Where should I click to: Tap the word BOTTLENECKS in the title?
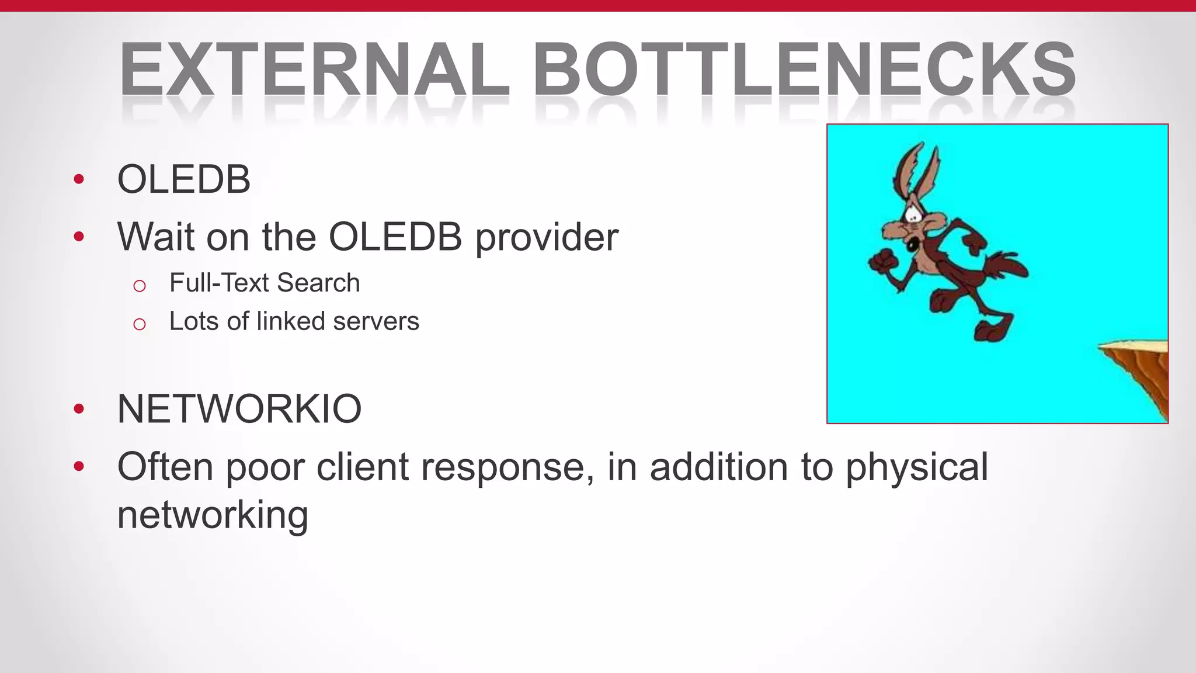coord(804,70)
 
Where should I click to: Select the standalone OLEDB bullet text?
coord(184,179)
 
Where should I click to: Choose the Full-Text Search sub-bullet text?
coord(265,283)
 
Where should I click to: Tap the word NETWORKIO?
coord(239,409)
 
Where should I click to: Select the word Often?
coord(165,467)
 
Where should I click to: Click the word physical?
coord(917,467)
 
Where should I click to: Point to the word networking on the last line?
coord(213,515)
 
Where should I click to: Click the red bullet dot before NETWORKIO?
coord(79,409)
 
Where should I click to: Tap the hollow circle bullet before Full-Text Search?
coord(139,286)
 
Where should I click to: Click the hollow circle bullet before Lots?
coord(139,324)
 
